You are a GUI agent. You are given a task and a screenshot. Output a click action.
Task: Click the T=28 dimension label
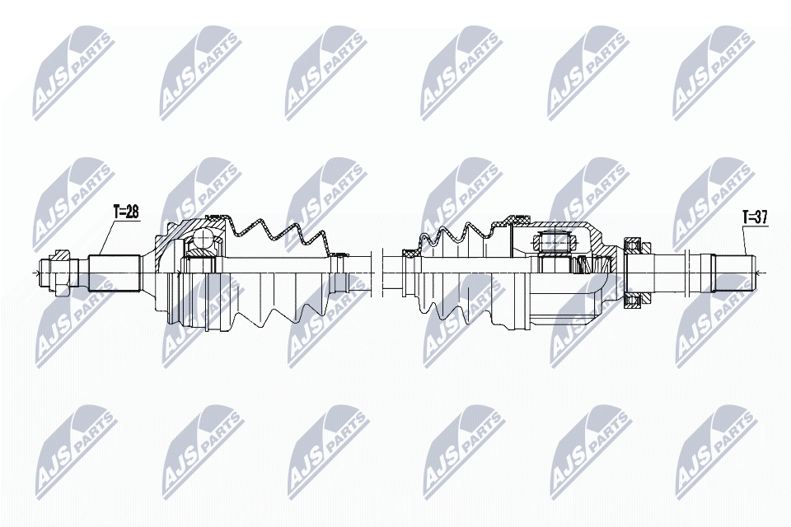point(126,212)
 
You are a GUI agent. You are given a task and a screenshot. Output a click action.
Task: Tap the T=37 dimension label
point(755,217)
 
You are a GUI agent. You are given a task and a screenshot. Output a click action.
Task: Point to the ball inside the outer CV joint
point(201,240)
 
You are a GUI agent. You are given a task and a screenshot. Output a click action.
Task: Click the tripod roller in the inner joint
point(553,242)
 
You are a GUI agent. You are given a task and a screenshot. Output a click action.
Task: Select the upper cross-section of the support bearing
point(633,245)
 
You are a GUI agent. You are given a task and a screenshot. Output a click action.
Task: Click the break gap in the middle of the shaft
point(377,271)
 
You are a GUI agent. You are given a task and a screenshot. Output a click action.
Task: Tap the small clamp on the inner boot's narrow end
point(407,255)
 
